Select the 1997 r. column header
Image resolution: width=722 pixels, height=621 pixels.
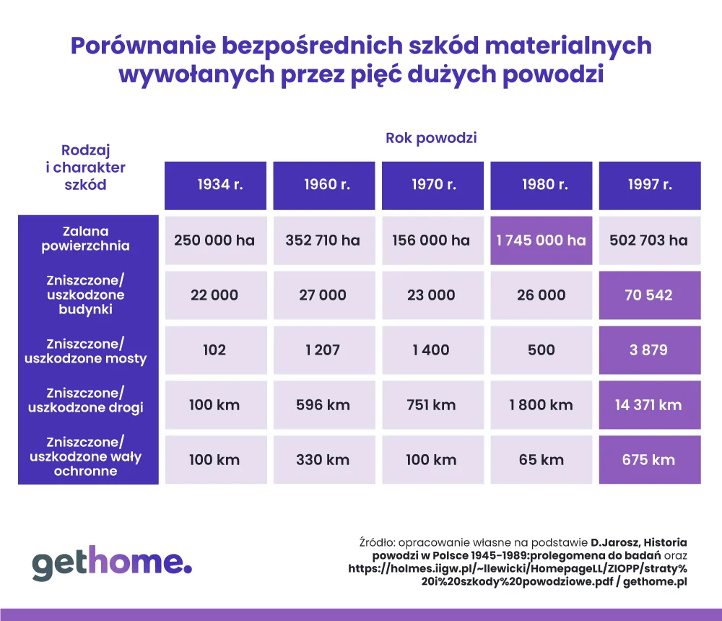coord(649,185)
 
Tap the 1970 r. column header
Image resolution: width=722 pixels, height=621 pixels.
coord(432,185)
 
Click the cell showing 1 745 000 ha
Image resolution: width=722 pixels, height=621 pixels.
coord(541,240)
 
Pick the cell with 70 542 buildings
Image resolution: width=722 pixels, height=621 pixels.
coord(649,295)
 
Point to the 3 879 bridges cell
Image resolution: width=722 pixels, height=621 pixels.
coord(649,349)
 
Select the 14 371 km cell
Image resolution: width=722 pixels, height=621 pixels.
coord(649,404)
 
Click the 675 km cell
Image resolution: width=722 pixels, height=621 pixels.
coord(649,459)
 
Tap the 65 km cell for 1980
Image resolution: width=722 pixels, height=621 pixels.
coord(541,459)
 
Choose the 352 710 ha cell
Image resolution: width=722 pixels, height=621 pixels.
coord(323,240)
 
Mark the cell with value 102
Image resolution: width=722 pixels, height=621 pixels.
coord(214,349)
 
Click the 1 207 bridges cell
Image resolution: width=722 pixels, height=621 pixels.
coord(323,349)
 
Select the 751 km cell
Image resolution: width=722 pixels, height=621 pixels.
coord(431,404)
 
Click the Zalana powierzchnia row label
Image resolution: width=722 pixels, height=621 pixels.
coord(86,239)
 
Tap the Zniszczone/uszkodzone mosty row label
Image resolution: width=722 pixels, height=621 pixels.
coord(86,350)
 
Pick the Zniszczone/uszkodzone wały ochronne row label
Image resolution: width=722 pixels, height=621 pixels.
coord(86,456)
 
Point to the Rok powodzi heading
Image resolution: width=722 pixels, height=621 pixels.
coord(431,138)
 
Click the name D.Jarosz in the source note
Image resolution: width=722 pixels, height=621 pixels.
coord(614,542)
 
